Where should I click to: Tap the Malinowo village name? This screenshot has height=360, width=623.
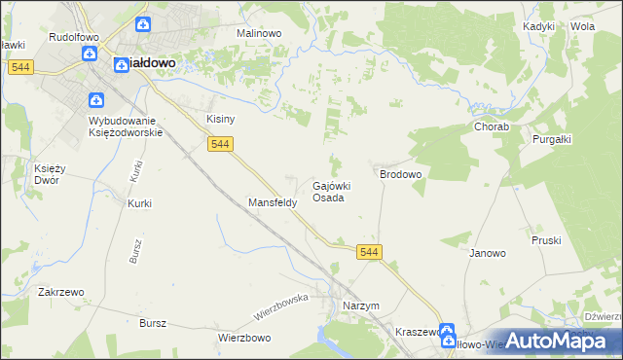click(x=259, y=32)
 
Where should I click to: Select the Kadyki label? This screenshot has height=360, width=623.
click(x=538, y=27)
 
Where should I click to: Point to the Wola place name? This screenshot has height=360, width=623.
click(x=583, y=27)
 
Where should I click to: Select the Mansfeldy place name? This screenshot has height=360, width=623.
click(x=272, y=203)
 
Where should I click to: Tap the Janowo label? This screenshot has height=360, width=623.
click(x=488, y=253)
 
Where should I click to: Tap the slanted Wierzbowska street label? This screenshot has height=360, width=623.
click(x=281, y=306)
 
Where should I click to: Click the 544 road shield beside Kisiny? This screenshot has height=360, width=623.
click(x=220, y=144)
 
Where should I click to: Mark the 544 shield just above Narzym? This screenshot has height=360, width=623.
click(x=369, y=252)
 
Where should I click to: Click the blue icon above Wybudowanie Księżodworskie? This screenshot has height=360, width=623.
click(x=96, y=100)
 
